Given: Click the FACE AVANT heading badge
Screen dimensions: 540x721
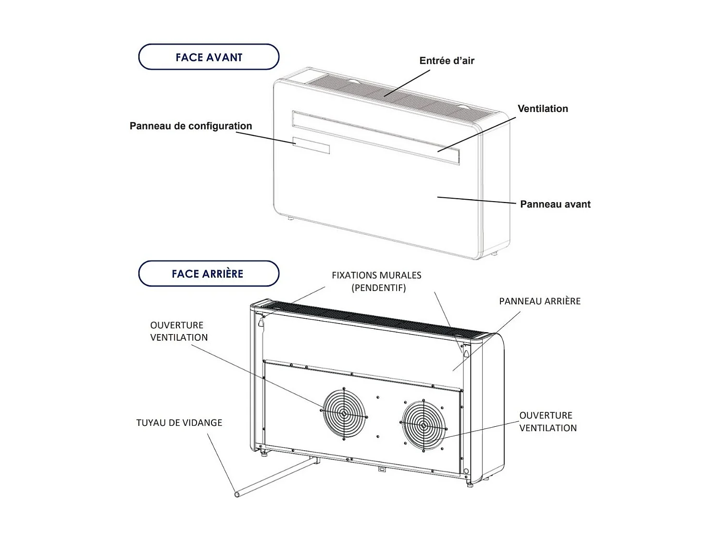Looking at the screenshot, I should [x=209, y=57].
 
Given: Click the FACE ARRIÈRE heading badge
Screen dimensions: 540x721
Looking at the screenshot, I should [x=209, y=274].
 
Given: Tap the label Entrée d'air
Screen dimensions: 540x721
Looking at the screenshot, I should [x=447, y=61].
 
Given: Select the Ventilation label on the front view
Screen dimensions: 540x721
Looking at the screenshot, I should [x=543, y=109].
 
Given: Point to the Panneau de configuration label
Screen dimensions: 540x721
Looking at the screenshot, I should [x=191, y=126].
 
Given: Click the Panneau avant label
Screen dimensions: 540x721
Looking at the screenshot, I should [x=555, y=204].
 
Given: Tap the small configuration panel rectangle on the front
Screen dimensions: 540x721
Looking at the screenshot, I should [x=311, y=145].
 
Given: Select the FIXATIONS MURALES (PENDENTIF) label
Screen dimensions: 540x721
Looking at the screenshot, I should [x=376, y=281].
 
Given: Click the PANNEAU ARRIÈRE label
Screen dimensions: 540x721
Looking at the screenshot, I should [x=539, y=301].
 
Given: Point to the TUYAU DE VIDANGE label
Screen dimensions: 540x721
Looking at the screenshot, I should [x=179, y=423].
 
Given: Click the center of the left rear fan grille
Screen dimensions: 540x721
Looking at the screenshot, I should [x=344, y=413].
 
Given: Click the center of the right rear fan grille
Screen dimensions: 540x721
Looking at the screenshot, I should [x=423, y=425].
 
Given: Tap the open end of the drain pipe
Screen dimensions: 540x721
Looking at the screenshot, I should [x=236, y=493].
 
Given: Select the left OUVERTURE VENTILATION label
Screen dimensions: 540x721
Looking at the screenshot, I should [x=178, y=331].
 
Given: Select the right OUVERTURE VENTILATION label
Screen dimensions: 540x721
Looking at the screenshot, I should [x=547, y=421].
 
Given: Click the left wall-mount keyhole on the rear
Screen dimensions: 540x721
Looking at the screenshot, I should [x=261, y=323].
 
